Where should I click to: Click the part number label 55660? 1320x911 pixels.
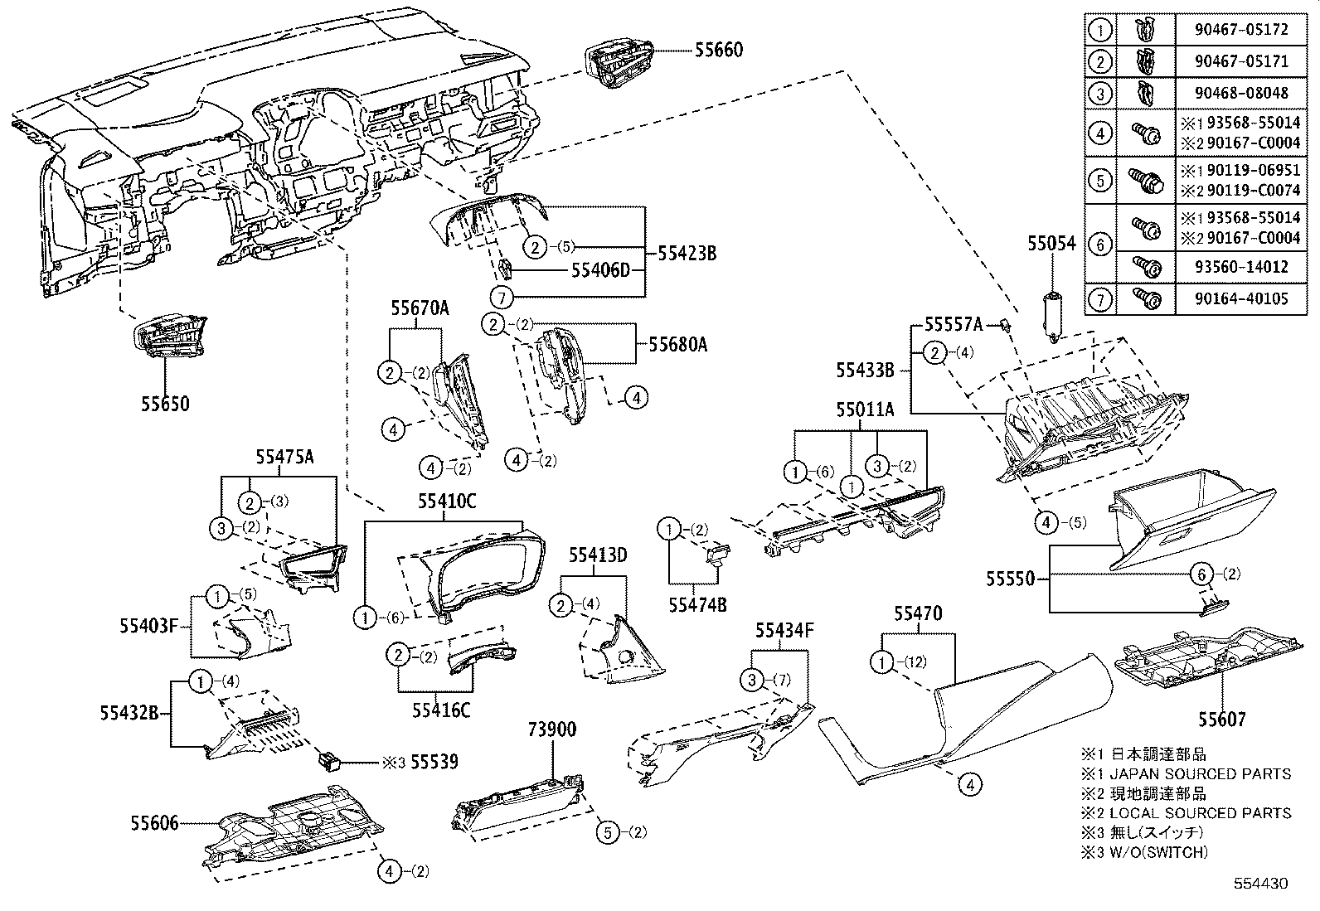pyautogui.click(x=719, y=51)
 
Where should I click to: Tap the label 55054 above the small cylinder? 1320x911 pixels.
pyautogui.click(x=1051, y=244)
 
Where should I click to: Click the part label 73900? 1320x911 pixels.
pyautogui.click(x=551, y=729)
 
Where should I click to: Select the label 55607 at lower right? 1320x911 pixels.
pyautogui.click(x=1222, y=720)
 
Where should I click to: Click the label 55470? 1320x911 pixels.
pyautogui.click(x=918, y=613)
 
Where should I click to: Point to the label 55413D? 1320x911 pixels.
pyautogui.click(x=597, y=555)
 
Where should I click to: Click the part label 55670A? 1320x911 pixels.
pyautogui.click(x=420, y=308)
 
